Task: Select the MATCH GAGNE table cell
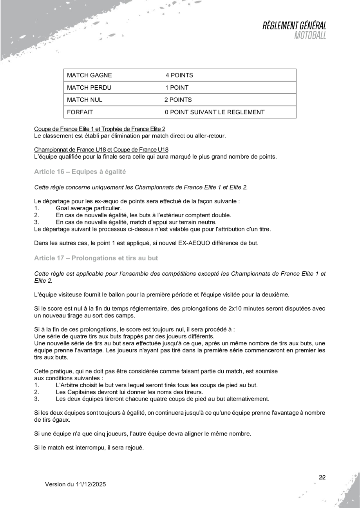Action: [x=89, y=75]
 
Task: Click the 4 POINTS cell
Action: [x=179, y=75]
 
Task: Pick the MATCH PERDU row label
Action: [x=89, y=88]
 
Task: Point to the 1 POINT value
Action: [x=177, y=88]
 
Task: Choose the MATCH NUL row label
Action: [x=85, y=100]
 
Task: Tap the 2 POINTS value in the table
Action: [x=178, y=100]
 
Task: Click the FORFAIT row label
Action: [x=80, y=112]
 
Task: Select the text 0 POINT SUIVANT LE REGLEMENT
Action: [x=214, y=112]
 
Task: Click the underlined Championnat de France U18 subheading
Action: [x=101, y=150]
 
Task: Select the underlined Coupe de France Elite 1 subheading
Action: [x=99, y=129]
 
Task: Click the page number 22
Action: [x=322, y=477]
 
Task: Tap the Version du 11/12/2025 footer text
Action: [x=75, y=484]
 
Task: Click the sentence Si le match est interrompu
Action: [x=89, y=446]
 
